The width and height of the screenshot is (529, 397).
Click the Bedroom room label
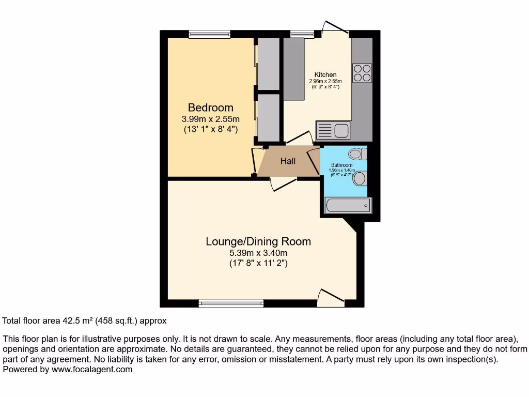click(x=210, y=108)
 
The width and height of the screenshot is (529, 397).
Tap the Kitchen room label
click(x=325, y=75)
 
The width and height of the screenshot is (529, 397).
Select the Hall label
click(x=288, y=161)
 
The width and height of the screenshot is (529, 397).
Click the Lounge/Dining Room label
click(x=258, y=241)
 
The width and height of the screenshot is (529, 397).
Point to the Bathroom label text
click(x=341, y=165)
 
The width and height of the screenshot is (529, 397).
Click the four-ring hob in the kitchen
click(x=362, y=72)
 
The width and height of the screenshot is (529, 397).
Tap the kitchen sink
click(x=341, y=130)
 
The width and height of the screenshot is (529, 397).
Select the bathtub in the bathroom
click(x=347, y=206)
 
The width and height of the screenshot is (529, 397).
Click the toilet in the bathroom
click(x=357, y=154)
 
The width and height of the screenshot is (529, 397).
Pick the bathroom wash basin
click(x=361, y=178)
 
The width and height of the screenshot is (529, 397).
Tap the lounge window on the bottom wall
click(x=231, y=303)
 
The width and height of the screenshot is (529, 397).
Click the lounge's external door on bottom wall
click(x=331, y=298)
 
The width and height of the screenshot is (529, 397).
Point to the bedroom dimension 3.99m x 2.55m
click(x=210, y=119)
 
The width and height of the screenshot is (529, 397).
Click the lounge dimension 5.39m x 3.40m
click(x=258, y=253)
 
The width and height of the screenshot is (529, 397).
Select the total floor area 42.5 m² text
click(x=85, y=321)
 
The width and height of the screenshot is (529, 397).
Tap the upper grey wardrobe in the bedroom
click(x=268, y=63)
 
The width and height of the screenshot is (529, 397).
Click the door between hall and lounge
click(x=283, y=183)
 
